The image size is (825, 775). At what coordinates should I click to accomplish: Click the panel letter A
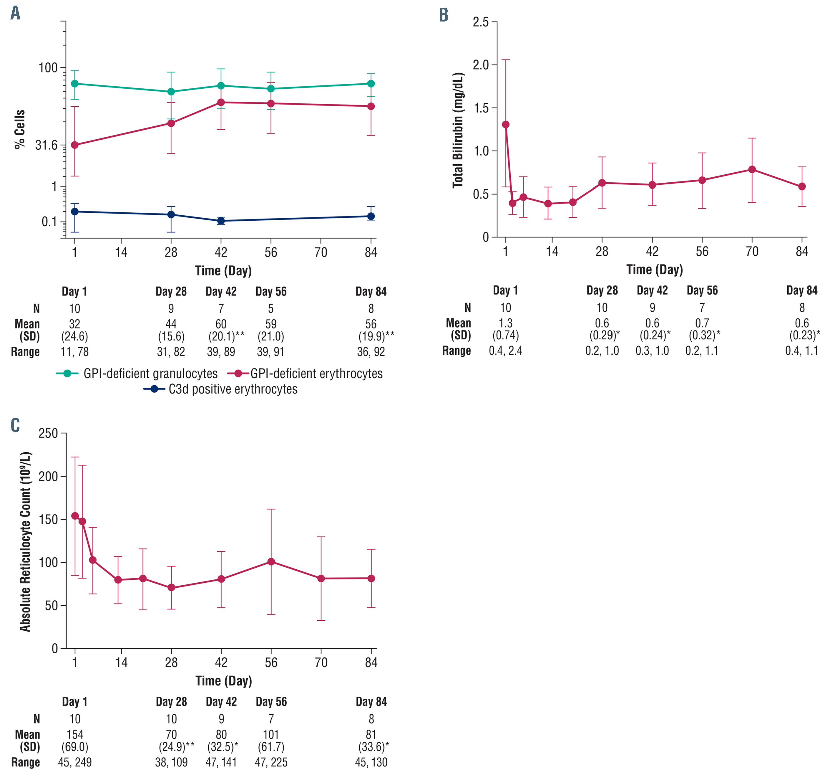tap(15, 13)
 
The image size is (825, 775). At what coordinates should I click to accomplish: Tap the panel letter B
tap(444, 15)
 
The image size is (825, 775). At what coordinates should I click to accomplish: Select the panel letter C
tap(15, 425)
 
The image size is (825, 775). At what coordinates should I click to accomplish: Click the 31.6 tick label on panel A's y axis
tap(47, 145)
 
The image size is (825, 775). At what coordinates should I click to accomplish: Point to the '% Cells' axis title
tap(19, 129)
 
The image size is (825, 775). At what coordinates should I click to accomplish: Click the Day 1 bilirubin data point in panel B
tap(505, 125)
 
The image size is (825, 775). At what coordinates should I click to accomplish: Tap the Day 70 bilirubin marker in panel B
tap(752, 169)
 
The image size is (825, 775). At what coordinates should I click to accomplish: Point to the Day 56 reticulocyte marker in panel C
tap(271, 561)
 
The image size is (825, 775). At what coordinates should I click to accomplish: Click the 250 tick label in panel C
tap(48, 434)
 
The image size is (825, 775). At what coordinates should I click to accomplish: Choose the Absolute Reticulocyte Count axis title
tap(25, 541)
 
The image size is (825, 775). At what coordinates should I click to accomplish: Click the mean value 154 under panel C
tap(75, 735)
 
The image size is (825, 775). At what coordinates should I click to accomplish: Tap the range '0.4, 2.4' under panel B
tap(505, 351)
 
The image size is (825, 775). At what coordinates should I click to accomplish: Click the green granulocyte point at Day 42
tap(221, 85)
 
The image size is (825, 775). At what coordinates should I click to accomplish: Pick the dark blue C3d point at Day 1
tap(75, 211)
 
